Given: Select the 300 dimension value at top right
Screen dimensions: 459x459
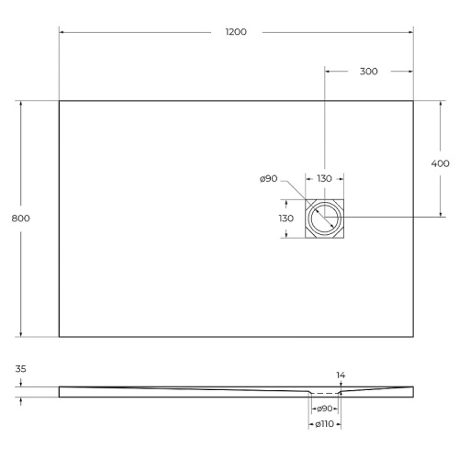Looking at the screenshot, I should (x=369, y=71).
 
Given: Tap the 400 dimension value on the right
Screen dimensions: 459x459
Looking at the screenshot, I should (x=441, y=162).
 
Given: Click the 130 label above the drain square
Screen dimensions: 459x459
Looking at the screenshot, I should (x=325, y=179).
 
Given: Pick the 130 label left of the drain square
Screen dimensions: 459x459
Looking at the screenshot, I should (x=286, y=218).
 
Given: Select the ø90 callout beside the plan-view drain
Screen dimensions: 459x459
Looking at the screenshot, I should (x=268, y=179).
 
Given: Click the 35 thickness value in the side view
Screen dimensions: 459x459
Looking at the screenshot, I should (x=20, y=369).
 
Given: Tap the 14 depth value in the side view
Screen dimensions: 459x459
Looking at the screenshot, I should (x=341, y=375).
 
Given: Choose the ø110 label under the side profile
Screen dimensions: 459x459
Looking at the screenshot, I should (x=323, y=424).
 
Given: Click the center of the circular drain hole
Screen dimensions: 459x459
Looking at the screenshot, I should (x=325, y=218).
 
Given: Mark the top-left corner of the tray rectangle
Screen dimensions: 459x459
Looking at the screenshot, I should (x=60, y=101).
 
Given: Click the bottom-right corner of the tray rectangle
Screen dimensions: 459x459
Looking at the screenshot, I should (x=413, y=337).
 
